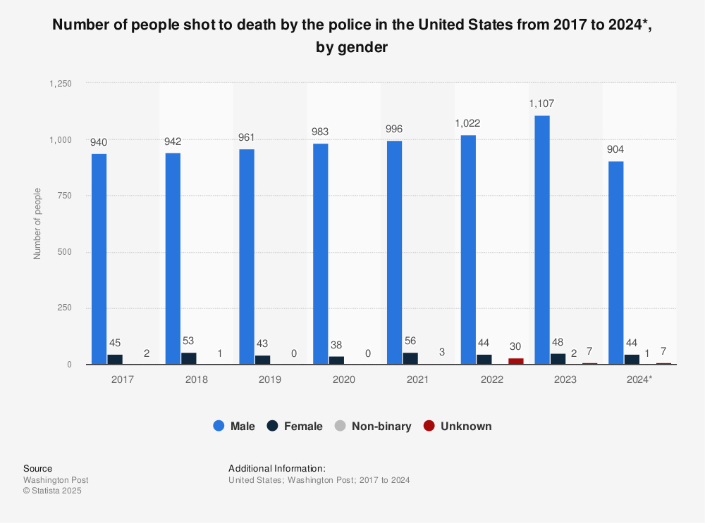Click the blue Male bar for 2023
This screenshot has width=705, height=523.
541,239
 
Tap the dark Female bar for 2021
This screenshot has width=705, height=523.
410,358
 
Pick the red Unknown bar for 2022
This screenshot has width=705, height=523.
516,361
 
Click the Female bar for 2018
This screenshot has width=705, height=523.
188,358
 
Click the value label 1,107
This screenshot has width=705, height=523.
542,104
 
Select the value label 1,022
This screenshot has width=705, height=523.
468,122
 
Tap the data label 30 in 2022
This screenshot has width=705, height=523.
516,346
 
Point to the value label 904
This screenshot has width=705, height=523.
615,149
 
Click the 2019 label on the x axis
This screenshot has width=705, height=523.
270,379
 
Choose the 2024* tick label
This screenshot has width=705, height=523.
639,379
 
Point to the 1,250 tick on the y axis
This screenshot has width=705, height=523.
60,83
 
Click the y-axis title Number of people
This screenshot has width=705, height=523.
37,223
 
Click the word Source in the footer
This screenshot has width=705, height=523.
37,468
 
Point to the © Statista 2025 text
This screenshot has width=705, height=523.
52,491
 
